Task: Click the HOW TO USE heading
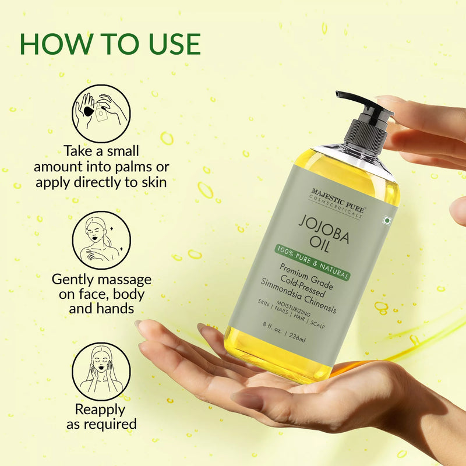(x=110, y=44)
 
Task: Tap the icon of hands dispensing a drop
(x=101, y=111)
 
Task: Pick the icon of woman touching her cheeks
(x=101, y=368)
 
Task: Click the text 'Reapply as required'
(x=101, y=416)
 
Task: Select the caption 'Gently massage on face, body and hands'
(x=101, y=293)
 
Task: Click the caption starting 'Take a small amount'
(x=101, y=167)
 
